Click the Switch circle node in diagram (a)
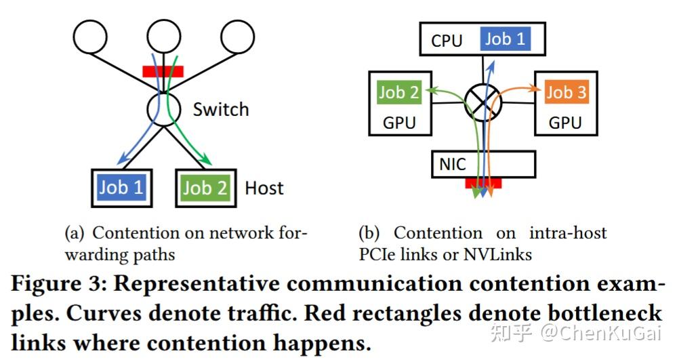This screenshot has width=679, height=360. pos(163,108)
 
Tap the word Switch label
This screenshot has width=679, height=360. pos(220,110)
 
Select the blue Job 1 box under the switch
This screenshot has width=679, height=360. pos(121,187)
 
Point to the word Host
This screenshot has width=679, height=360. pos(264,188)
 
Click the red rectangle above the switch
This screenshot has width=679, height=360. pos(163,71)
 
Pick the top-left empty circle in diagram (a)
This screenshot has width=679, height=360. pos(90,37)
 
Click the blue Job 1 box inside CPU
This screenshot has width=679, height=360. pos(505,39)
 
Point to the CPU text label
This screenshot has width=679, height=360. pos(447,41)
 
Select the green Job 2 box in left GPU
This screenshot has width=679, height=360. pos(398,93)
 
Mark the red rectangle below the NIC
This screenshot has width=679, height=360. pos(482,183)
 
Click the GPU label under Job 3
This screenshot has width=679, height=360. pos(565,123)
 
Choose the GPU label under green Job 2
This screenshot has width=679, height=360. pos(398,123)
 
